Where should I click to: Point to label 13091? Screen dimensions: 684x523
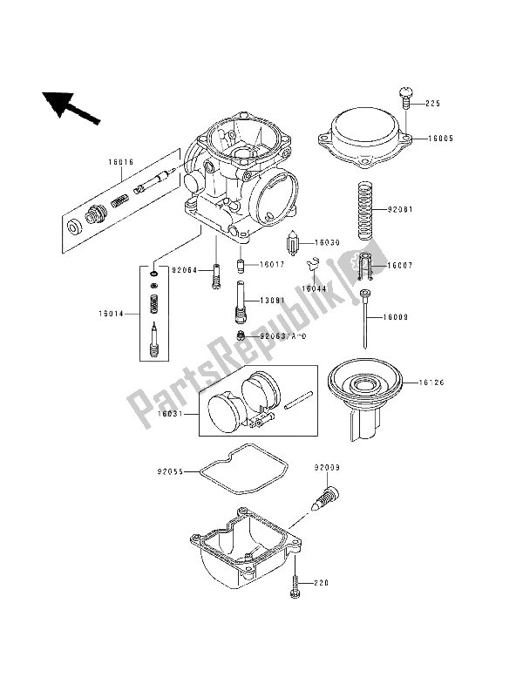click(x=272, y=301)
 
